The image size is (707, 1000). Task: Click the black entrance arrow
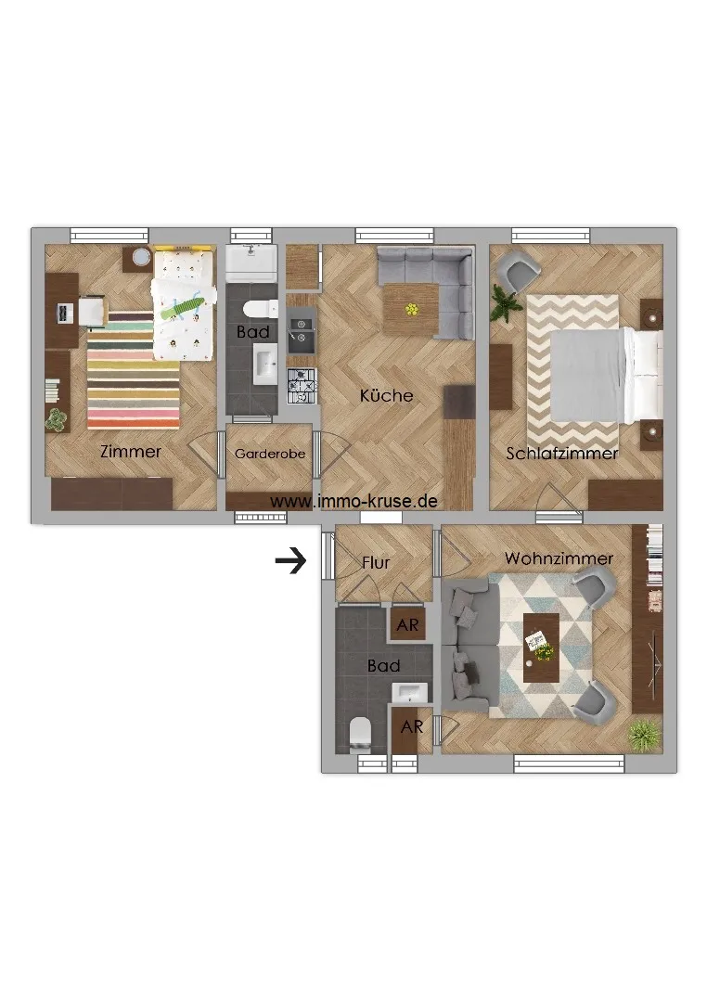pyautogui.click(x=290, y=561)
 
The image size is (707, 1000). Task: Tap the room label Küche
pyautogui.click(x=386, y=395)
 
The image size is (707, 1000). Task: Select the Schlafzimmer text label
pyautogui.click(x=561, y=454)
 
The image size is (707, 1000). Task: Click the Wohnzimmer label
pyautogui.click(x=559, y=558)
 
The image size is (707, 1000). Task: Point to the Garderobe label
pyautogui.click(x=270, y=455)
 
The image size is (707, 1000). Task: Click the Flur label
pyautogui.click(x=376, y=563)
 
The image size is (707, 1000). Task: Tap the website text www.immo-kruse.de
pyautogui.click(x=354, y=501)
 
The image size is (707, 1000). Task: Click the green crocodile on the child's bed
pyautogui.click(x=181, y=308)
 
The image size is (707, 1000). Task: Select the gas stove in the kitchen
pyautogui.click(x=302, y=386)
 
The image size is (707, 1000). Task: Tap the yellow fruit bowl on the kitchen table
pyautogui.click(x=412, y=310)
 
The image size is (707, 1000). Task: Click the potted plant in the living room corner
pyautogui.click(x=644, y=736)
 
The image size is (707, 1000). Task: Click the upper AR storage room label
pyautogui.click(x=407, y=624)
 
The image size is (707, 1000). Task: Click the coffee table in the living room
pyautogui.click(x=541, y=647)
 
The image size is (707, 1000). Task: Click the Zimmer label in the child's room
pyautogui.click(x=131, y=452)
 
